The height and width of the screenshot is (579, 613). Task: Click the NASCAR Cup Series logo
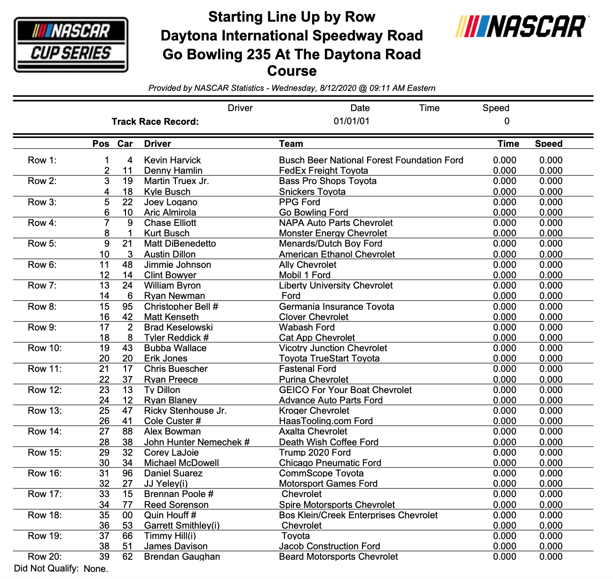coord(71,45)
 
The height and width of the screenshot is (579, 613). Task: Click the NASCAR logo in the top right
coord(522,26)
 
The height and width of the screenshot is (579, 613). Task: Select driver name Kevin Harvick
coord(172,161)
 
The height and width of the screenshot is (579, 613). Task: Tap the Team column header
coord(291,144)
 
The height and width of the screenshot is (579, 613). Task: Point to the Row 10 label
coord(45,348)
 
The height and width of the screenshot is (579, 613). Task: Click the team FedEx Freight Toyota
coord(323,171)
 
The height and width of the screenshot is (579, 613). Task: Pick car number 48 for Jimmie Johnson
coord(127,265)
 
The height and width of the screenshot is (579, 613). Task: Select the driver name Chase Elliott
coord(170,223)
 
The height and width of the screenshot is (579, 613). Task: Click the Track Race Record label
coord(155,122)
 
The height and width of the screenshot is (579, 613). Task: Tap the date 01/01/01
coord(352,121)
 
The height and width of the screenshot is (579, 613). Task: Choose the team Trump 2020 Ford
coord(314,453)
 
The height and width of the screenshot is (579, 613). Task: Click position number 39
coord(104,557)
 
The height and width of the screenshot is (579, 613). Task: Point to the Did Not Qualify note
coord(61,569)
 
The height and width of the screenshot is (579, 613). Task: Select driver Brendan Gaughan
coord(182,557)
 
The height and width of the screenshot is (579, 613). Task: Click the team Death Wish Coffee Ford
coord(329,442)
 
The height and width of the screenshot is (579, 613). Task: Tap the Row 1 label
coord(42,161)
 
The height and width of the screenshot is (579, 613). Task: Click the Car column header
coord(125,144)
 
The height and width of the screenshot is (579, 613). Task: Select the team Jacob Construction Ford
coord(330,547)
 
